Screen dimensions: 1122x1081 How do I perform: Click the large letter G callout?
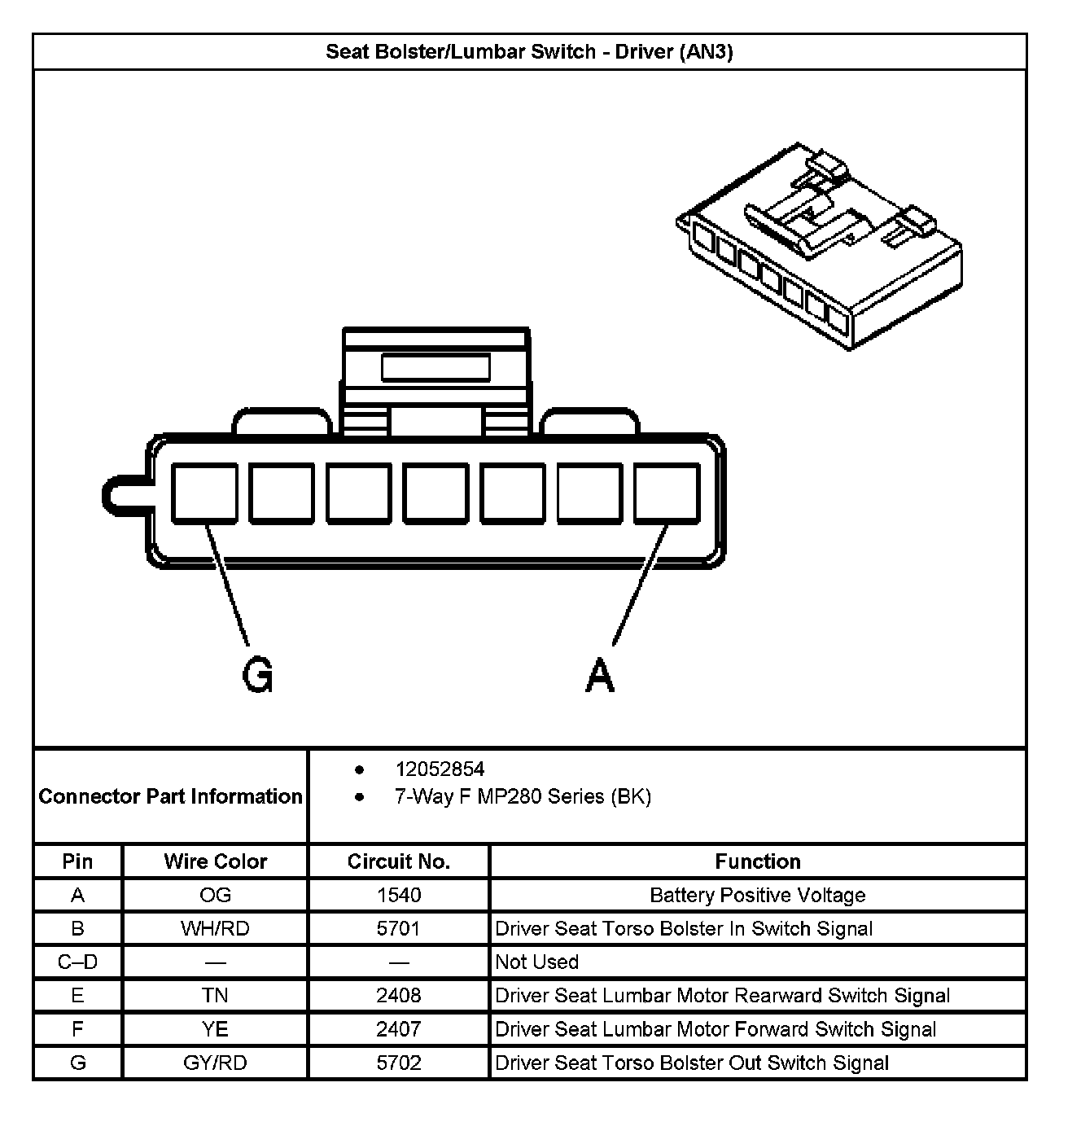tap(258, 675)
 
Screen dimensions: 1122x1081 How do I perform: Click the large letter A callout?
tap(600, 675)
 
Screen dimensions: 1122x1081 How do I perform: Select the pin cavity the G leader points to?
tap(204, 493)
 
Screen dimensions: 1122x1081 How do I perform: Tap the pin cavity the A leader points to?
tap(667, 493)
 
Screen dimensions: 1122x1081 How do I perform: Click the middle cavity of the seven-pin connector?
tap(435, 493)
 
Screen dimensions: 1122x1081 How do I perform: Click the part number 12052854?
tap(440, 769)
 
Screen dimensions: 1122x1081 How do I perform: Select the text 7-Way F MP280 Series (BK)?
tap(523, 796)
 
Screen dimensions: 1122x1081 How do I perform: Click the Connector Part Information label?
tap(170, 796)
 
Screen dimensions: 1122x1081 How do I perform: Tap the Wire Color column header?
tap(215, 861)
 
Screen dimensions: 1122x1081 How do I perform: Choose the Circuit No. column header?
tap(399, 861)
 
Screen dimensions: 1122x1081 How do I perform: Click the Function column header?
tap(757, 861)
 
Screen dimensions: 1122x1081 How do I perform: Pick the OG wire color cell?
tap(215, 896)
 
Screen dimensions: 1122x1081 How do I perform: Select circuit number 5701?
tap(399, 929)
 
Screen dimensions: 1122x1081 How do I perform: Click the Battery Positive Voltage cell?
tap(757, 896)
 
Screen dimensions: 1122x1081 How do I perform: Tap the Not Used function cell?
tap(537, 962)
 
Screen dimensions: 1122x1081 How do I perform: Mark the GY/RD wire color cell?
tap(215, 1063)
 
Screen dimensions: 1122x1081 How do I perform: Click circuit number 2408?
tap(399, 996)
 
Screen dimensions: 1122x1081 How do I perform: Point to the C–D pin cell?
tap(78, 962)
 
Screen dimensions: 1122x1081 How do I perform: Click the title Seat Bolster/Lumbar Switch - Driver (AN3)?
tap(529, 52)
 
